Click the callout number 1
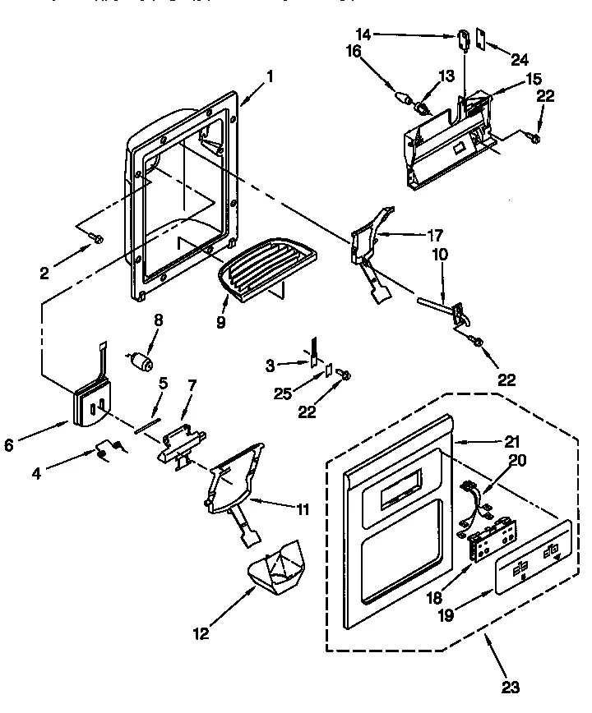pos(269,79)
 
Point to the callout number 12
pos(201,632)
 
